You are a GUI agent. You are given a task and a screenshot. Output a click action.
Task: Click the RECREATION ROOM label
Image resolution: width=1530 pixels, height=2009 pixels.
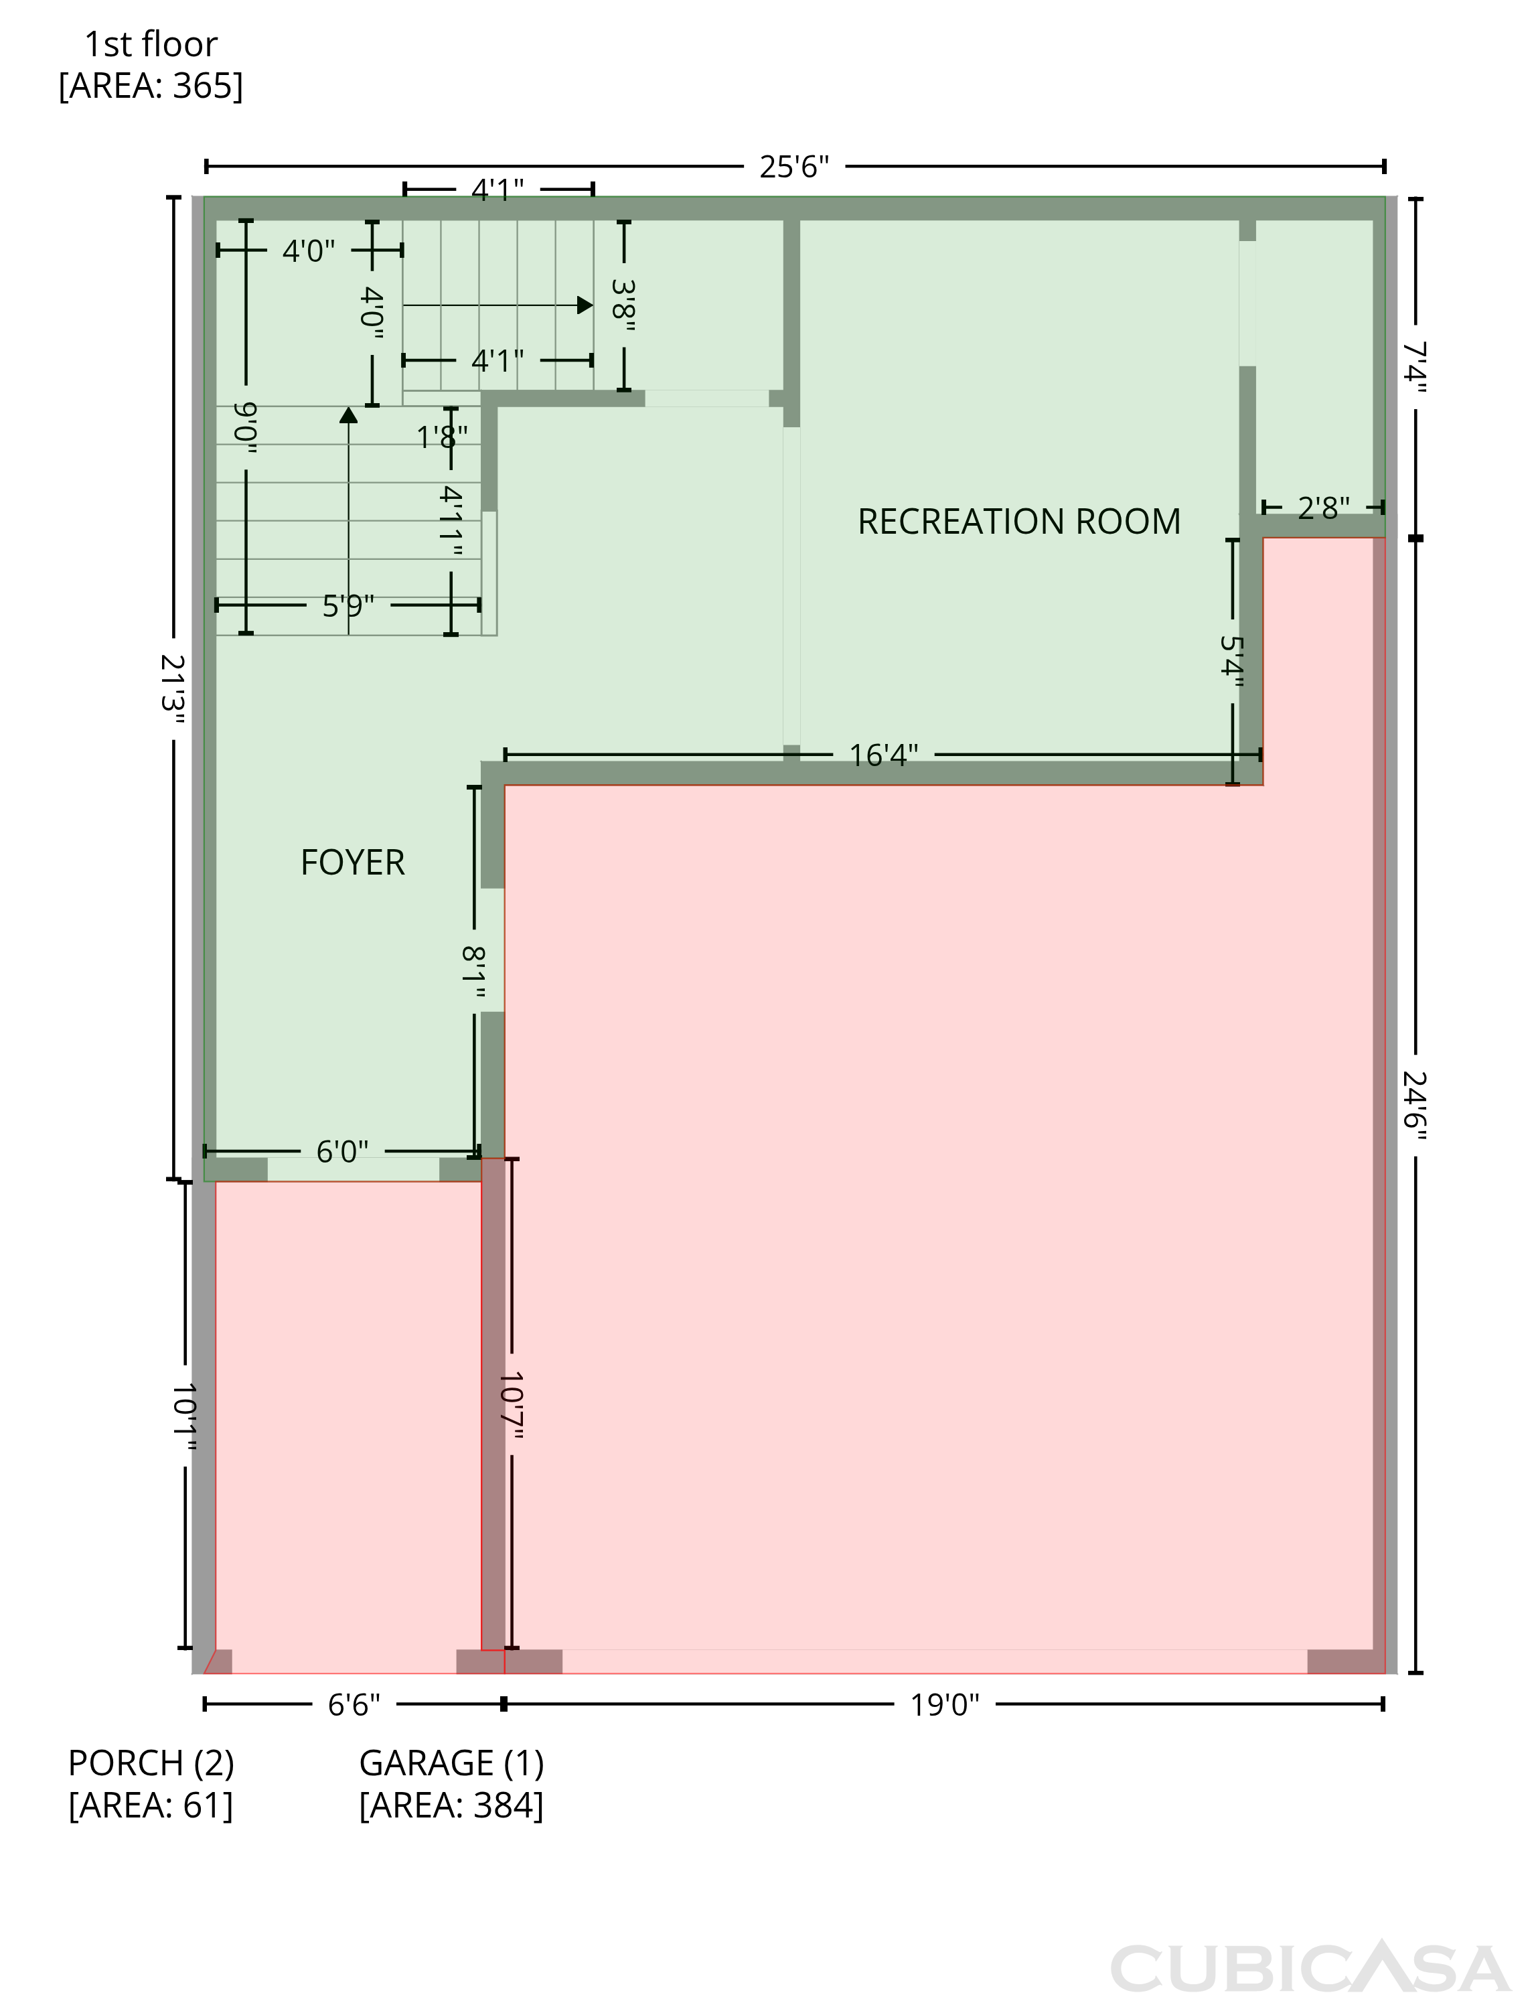point(1019,522)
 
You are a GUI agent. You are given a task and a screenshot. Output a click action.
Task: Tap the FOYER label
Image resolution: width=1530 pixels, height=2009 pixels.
point(352,863)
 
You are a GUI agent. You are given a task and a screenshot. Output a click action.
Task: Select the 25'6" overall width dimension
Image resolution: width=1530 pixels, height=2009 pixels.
point(794,167)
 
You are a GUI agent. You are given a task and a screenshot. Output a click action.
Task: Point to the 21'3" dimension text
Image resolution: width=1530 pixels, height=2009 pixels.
point(173,689)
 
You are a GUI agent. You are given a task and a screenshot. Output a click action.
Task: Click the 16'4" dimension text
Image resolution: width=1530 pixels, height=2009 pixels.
point(883,755)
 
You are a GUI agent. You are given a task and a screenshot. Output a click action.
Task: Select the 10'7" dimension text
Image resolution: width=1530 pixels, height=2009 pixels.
point(511,1406)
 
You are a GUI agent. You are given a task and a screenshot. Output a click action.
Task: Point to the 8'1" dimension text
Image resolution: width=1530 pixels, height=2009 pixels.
point(473,972)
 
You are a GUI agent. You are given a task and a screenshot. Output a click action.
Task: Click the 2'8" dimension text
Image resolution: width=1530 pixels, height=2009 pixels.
point(1323,508)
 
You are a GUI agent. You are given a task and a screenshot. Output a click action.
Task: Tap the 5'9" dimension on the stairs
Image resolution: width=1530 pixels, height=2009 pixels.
point(348,605)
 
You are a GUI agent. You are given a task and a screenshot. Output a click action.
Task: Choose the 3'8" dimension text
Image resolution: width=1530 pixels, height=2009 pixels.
point(624,305)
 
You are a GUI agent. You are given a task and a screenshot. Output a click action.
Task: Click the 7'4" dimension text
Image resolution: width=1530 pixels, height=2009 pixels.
point(1414,367)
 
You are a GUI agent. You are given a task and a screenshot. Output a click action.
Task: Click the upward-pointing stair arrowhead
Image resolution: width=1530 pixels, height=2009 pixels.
point(348,415)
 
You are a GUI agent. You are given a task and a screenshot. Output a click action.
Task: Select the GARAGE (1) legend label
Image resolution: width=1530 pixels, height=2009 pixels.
point(452,1764)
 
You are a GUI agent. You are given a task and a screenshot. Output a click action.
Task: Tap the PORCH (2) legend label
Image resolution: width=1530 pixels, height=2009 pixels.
point(151,1764)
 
